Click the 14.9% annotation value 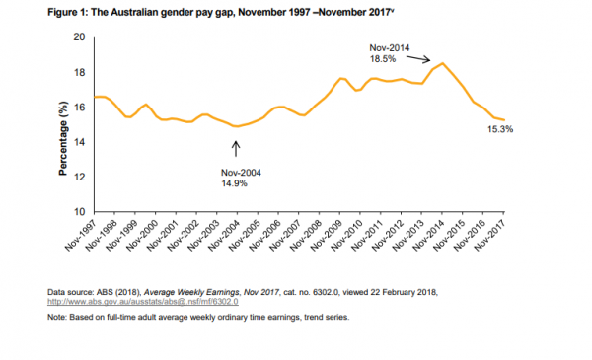pos(237,181)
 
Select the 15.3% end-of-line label pos(500,129)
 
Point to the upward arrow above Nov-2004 pos(236,148)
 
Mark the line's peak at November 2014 pos(443,64)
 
